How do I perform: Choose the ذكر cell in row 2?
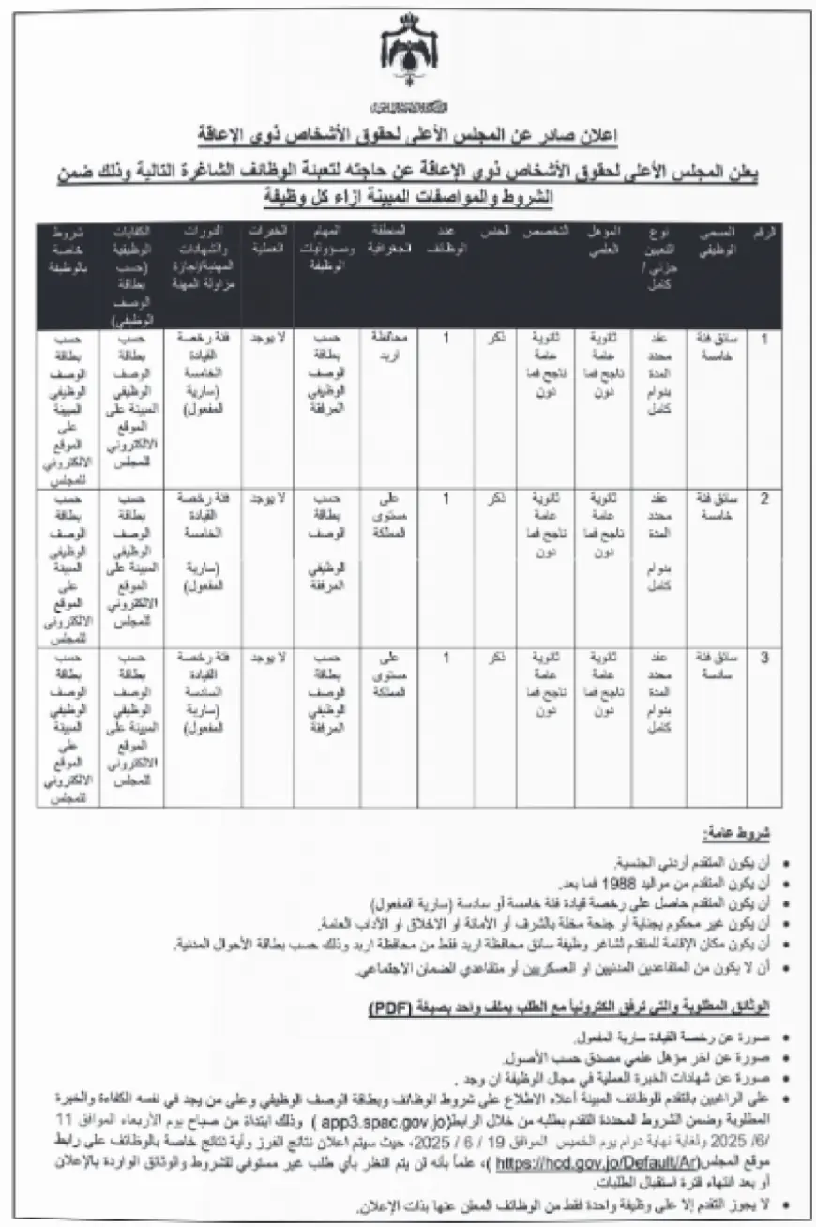496,498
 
